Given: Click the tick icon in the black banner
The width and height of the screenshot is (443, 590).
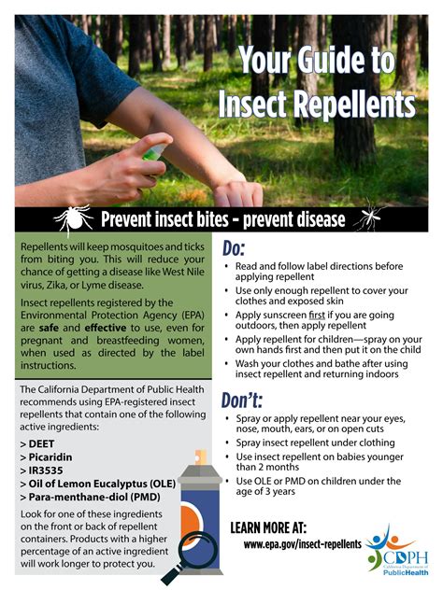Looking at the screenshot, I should tap(71, 218).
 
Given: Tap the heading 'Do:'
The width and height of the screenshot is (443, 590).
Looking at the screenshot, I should tap(234, 248).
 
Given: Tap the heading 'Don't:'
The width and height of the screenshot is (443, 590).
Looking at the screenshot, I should tap(242, 400).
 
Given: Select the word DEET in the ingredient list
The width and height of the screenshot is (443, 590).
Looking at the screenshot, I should tap(42, 442).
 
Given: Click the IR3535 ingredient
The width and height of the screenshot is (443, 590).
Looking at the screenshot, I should tap(48, 472).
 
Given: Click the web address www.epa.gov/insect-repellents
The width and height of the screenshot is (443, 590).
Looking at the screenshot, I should tap(302, 542).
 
